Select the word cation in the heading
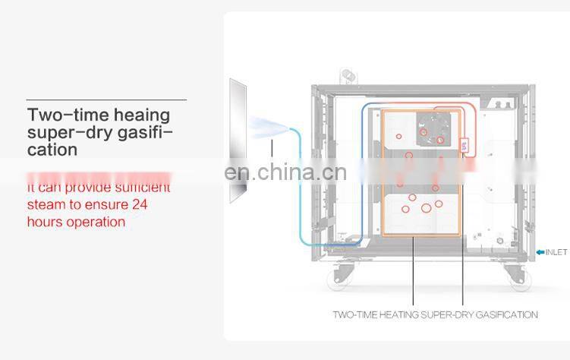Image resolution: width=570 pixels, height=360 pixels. point(52,150)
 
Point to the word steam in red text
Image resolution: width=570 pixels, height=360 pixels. point(46,204)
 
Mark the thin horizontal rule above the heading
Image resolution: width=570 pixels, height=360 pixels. point(106,99)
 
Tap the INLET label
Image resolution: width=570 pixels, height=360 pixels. point(556,252)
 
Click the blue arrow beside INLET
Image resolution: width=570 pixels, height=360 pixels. point(540,252)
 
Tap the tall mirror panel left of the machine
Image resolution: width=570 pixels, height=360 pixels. point(238,141)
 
